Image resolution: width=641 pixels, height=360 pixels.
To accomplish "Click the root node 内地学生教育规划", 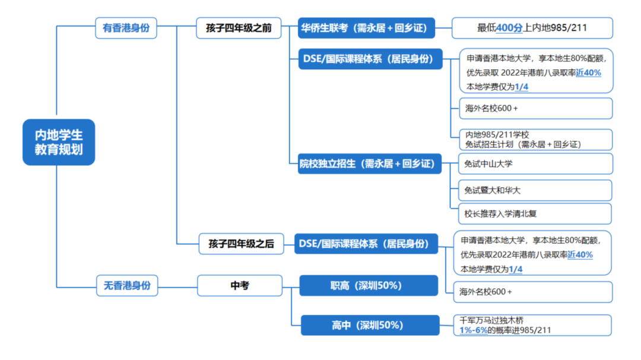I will pyautogui.click(x=58, y=142).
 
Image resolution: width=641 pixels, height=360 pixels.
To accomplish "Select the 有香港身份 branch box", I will pyautogui.click(x=126, y=28).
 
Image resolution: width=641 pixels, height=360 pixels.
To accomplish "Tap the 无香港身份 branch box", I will pyautogui.click(x=126, y=286).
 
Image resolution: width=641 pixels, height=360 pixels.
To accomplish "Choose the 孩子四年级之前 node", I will pyautogui.click(x=239, y=28).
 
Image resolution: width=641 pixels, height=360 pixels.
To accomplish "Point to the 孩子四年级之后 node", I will pyautogui.click(x=241, y=243).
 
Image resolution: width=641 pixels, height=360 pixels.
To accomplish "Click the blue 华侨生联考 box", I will pyautogui.click(x=366, y=28).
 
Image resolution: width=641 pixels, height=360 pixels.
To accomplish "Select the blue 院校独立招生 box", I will pyautogui.click(x=370, y=164).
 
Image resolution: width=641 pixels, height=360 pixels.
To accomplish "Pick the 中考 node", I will pyautogui.click(x=239, y=286).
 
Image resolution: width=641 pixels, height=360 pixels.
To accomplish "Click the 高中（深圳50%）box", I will pyautogui.click(x=370, y=325).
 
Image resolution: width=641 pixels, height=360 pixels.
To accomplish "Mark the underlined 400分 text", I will pyautogui.click(x=509, y=28).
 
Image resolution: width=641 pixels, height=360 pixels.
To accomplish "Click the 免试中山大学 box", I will pyautogui.click(x=535, y=164).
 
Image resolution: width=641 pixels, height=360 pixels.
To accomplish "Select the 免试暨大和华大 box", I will pyautogui.click(x=535, y=190).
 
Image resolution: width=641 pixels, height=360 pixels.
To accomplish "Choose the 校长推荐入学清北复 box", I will pyautogui.click(x=535, y=214).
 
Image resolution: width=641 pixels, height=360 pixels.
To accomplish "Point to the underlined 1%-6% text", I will pyautogui.click(x=473, y=330).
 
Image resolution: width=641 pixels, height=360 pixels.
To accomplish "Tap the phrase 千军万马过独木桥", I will pyautogui.click(x=491, y=320).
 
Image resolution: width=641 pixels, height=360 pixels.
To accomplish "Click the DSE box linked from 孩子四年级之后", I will pyautogui.click(x=366, y=243).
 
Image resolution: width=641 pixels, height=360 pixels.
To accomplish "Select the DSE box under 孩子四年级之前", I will pyautogui.click(x=370, y=59).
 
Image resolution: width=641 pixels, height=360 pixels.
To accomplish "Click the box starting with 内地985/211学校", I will pyautogui.click(x=535, y=139).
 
